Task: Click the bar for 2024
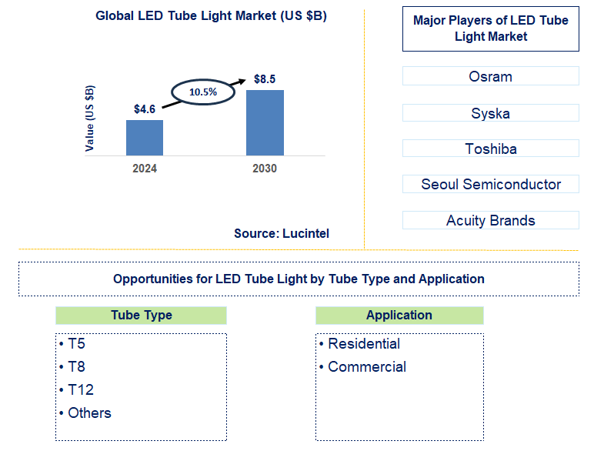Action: (x=145, y=137)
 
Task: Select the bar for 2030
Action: (x=265, y=122)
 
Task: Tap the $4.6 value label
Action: (x=145, y=109)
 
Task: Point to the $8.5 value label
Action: (x=265, y=79)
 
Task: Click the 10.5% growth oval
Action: (x=203, y=92)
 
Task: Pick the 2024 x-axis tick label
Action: (x=145, y=169)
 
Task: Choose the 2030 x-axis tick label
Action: (x=265, y=169)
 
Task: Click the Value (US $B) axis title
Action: (x=91, y=118)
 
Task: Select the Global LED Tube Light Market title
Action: (x=211, y=16)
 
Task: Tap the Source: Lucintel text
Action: (x=282, y=232)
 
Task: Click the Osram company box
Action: (x=490, y=76)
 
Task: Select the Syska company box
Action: (x=490, y=113)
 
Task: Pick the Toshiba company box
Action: (x=490, y=149)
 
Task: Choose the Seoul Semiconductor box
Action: (x=490, y=184)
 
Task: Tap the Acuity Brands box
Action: (x=490, y=220)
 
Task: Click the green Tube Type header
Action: (x=141, y=315)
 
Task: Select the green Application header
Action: (x=399, y=315)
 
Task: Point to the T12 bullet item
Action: (x=80, y=389)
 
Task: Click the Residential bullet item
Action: (x=363, y=343)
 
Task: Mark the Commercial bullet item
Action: (x=366, y=366)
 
